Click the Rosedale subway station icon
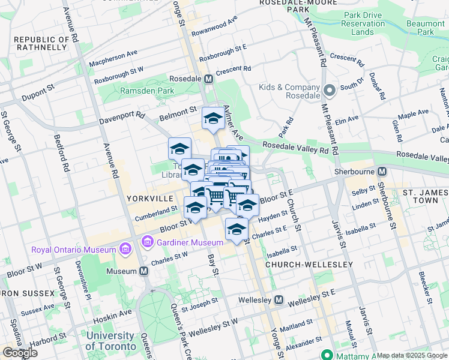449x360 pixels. click(x=209, y=79)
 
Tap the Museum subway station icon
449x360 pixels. click(x=144, y=271)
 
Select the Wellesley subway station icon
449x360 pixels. click(x=279, y=299)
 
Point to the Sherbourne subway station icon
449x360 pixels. click(x=382, y=171)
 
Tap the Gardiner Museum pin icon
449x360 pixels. click(x=148, y=242)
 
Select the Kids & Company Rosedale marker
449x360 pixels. click(x=329, y=91)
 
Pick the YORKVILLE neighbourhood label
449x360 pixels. click(x=150, y=197)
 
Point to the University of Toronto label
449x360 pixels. click(x=110, y=341)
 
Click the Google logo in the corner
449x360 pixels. click(x=20, y=353)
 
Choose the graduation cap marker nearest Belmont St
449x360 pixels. click(x=213, y=118)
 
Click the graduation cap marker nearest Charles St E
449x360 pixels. click(x=237, y=229)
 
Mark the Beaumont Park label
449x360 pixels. click(x=433, y=27)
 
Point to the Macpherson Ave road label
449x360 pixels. click(x=113, y=58)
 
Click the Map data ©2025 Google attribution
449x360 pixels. click(x=412, y=355)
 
